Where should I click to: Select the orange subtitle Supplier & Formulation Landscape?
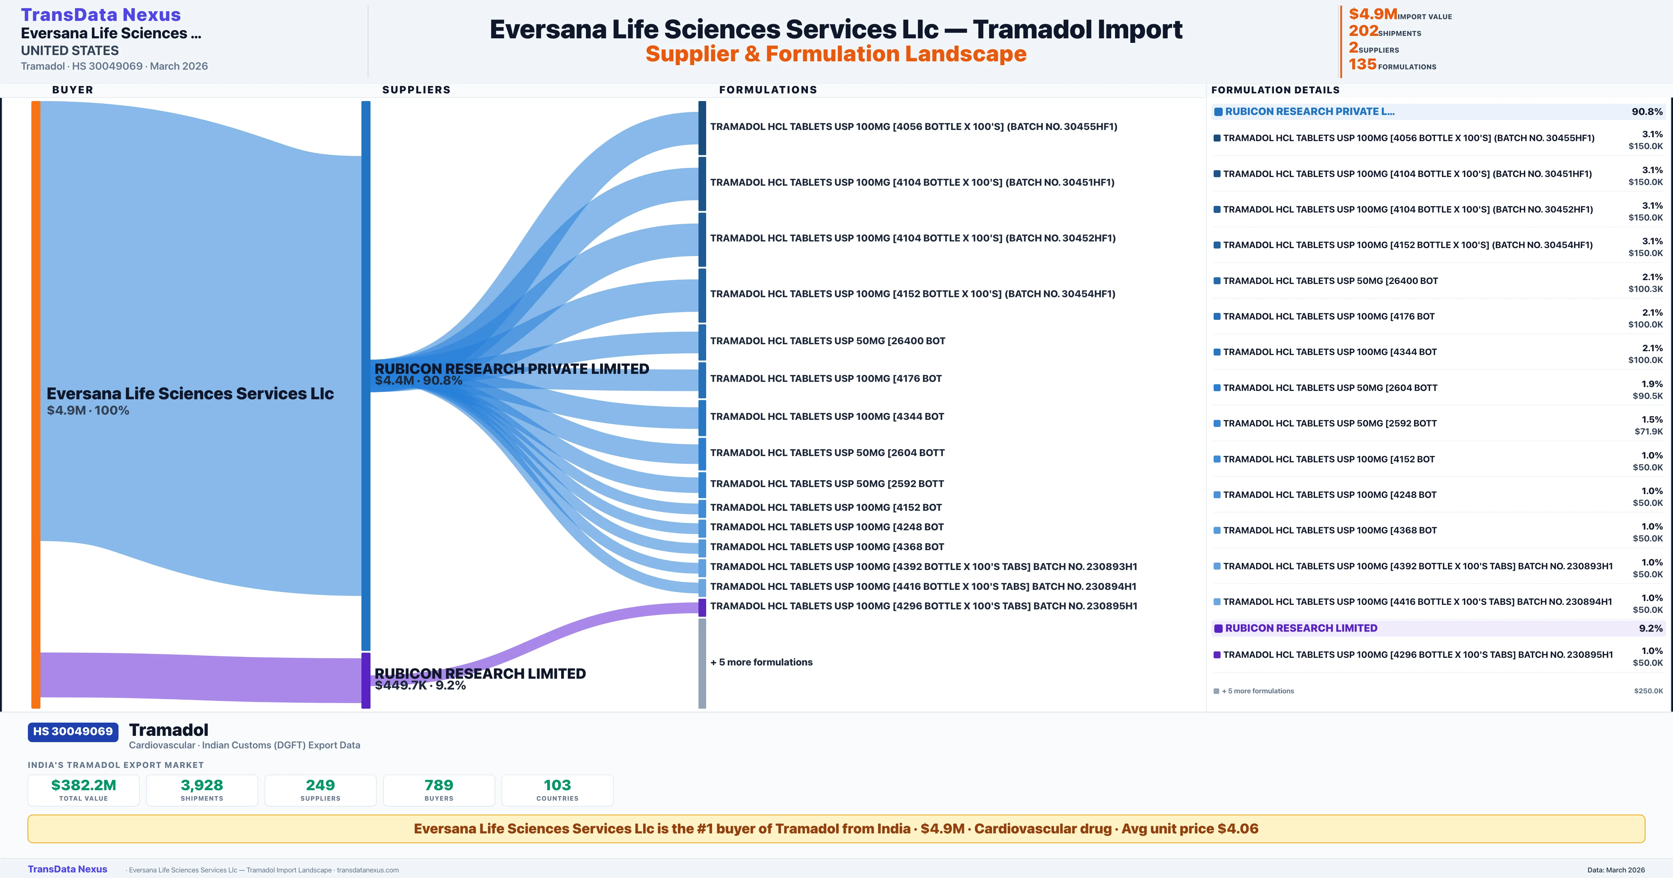[836, 54]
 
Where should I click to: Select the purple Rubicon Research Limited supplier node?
[366, 680]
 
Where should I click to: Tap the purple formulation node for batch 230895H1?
[702, 607]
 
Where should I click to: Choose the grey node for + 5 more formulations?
[702, 662]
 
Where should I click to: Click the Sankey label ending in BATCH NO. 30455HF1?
[913, 126]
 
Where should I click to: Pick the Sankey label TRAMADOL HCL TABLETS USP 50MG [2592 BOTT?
[827, 484]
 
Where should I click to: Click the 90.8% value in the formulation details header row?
[1647, 112]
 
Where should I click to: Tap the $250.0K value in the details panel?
[1648, 691]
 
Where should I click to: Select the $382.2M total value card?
[84, 790]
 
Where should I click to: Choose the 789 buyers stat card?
[439, 790]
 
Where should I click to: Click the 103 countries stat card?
[557, 790]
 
